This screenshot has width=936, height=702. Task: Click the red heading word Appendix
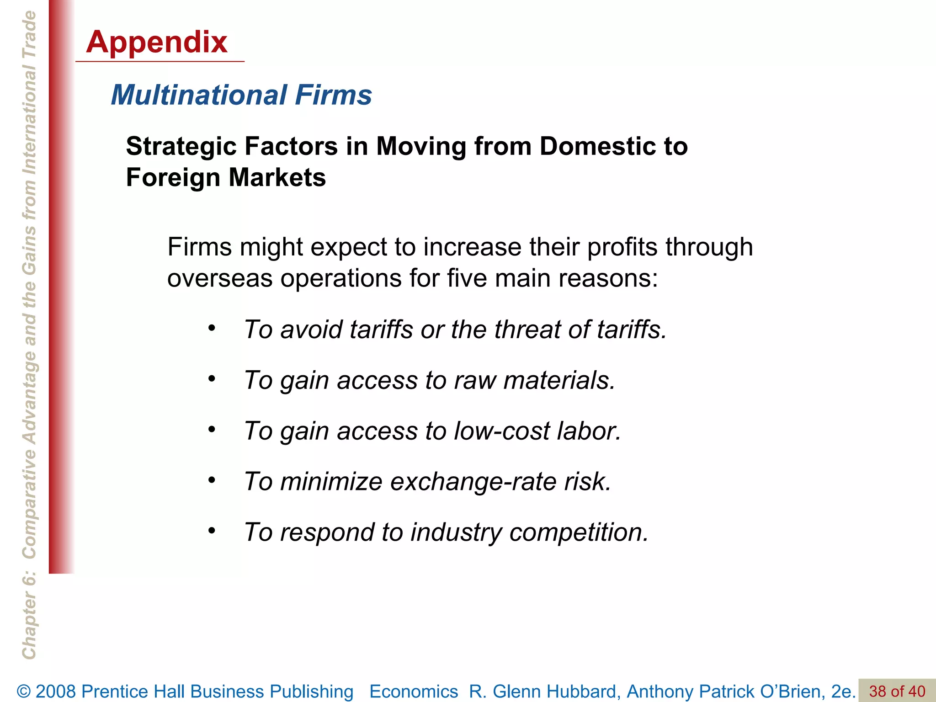pos(157,42)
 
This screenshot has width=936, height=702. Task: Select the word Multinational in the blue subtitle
pos(199,95)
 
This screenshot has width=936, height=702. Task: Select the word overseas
pos(220,278)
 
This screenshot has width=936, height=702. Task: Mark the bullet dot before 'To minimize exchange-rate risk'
pos(211,480)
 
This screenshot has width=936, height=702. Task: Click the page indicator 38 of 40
pos(897,691)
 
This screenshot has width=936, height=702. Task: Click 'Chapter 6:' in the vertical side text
pos(29,617)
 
